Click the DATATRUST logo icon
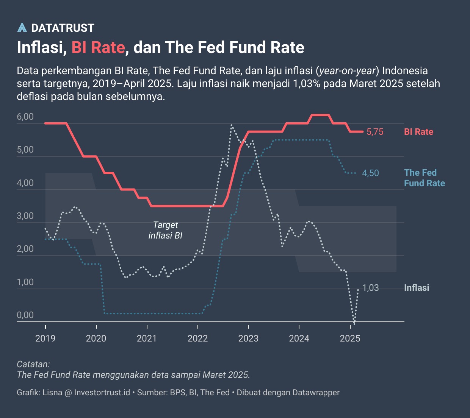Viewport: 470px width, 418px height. click(22, 28)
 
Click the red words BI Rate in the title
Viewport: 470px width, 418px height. click(98, 48)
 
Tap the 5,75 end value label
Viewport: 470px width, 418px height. click(375, 132)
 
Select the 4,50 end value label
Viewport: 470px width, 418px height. click(370, 173)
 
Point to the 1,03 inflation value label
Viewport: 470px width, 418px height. click(370, 288)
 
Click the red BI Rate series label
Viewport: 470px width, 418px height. click(418, 132)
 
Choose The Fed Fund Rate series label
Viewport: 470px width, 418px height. click(424, 178)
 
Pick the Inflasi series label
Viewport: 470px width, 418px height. click(417, 288)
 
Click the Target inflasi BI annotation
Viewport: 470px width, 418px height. click(165, 230)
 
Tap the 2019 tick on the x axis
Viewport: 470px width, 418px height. click(45, 338)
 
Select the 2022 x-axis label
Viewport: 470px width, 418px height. click(197, 338)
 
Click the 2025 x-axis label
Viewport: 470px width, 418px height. click(350, 338)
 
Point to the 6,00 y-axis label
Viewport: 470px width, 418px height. click(25, 117)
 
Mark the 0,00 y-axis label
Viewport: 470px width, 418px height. click(25, 315)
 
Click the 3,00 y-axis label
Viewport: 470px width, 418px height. click(25, 216)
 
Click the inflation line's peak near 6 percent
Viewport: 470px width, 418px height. click(232, 125)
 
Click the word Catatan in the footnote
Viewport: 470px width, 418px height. click(33, 364)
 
